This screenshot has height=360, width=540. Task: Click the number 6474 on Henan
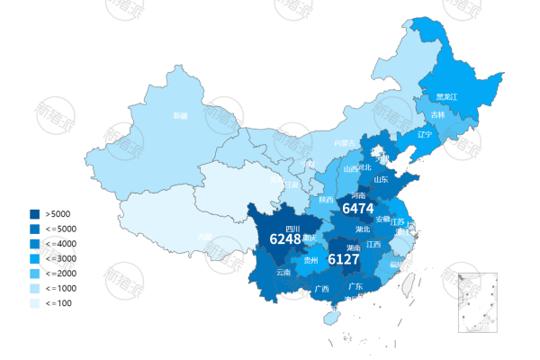coord(357,208)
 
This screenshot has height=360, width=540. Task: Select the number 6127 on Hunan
coord(343,259)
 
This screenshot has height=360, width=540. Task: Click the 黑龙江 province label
coord(446,96)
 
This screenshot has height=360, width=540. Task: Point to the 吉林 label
coord(437,115)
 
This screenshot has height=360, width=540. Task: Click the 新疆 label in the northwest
coord(181,115)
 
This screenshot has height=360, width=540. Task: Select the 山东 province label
coord(380,179)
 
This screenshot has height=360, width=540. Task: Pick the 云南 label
coord(283,272)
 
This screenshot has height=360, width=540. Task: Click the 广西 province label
coord(321,289)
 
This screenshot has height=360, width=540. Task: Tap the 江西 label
coord(373,244)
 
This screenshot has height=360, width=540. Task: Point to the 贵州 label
coord(311,260)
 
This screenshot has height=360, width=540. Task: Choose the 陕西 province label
coord(326,199)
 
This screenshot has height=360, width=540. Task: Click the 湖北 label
coord(363,229)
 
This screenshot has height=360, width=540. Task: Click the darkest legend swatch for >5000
coord(35,214)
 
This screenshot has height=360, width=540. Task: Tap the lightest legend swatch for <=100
coord(35,302)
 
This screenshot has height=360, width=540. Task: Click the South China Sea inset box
coord(478,302)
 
